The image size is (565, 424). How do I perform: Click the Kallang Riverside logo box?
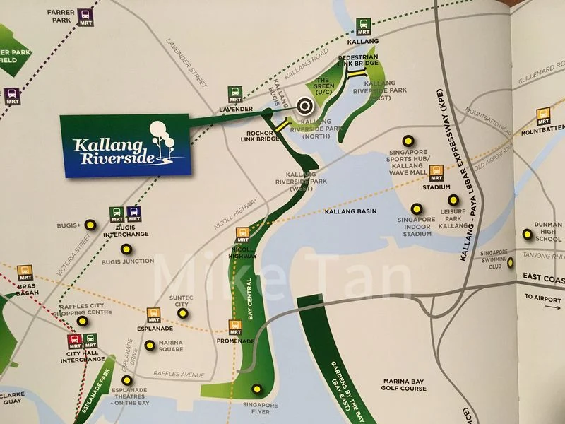tap(124, 145)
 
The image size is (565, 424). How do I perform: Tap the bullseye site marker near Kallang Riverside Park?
tap(305, 106)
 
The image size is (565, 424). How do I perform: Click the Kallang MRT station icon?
tap(364, 26)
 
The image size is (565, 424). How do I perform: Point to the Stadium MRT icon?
tap(436, 172)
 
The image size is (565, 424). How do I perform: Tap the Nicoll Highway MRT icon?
tap(243, 232)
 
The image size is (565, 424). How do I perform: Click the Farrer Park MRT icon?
tap(85, 15)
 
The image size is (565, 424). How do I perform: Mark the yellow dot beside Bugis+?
tap(90, 225)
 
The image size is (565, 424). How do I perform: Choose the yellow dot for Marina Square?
tap(150, 346)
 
